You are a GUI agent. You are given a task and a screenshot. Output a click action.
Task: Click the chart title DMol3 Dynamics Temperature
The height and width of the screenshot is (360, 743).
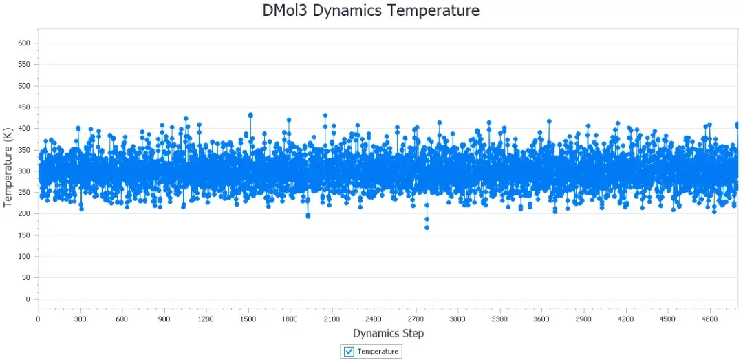coord(371,11)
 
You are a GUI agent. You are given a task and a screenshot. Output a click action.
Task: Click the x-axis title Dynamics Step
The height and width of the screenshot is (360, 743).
coord(388,333)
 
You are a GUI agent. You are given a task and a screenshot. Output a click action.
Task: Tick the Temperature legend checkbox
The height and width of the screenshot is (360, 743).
coord(349,351)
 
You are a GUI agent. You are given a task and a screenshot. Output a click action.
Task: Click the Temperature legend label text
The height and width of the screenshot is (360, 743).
coord(378,351)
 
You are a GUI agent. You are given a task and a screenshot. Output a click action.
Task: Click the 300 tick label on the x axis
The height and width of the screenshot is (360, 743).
coord(80,319)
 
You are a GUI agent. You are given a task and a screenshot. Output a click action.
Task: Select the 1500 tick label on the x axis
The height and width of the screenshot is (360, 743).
coord(248,319)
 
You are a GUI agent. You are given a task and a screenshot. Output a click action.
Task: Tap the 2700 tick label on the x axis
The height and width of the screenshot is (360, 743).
coord(416,319)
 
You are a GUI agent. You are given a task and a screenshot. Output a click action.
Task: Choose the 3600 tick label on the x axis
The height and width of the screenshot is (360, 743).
coord(541,319)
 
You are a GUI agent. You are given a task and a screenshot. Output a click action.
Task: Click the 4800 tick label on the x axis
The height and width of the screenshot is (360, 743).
coord(709,319)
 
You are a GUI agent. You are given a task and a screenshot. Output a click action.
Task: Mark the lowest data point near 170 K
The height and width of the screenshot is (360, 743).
coord(427,227)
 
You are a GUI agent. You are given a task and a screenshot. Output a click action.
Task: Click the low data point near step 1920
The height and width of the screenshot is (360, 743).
coord(308,215)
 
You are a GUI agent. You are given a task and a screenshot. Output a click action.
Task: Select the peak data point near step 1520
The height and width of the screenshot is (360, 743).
coord(250,115)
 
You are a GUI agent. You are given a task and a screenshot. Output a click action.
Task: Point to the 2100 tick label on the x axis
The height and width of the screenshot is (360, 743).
coord(332,319)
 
